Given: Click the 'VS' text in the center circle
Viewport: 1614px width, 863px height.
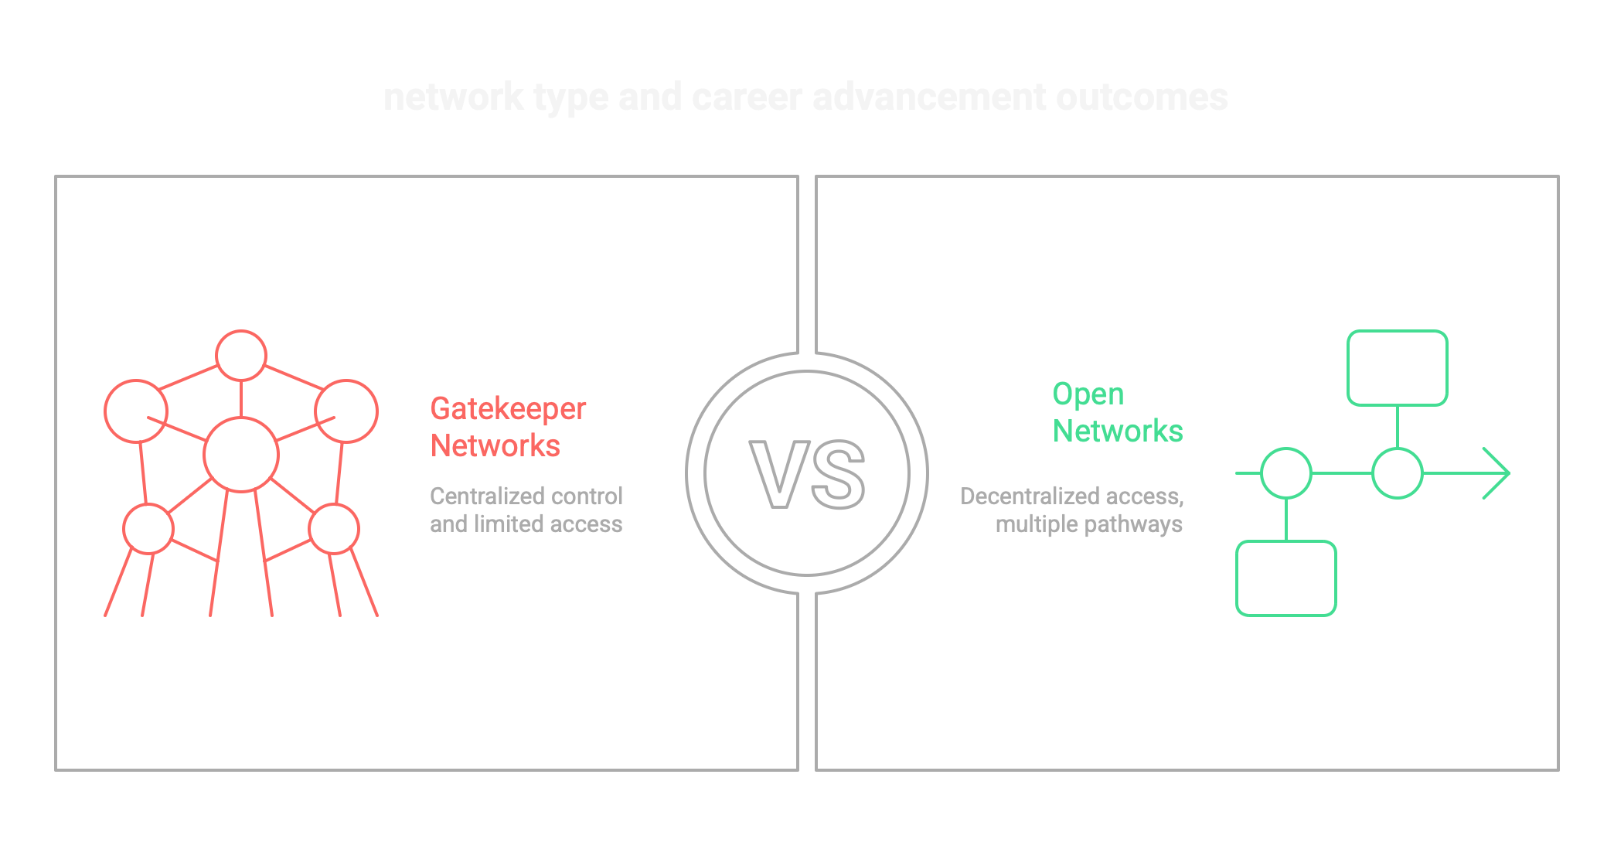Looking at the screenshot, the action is (807, 474).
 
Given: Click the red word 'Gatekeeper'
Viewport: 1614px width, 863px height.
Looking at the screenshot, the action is (508, 409).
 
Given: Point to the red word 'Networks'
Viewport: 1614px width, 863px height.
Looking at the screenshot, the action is (495, 446).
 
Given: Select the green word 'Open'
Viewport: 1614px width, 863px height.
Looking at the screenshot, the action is (1088, 394).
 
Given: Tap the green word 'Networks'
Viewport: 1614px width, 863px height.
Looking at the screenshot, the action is (1118, 432).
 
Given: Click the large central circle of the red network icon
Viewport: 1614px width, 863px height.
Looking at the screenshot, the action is (241, 455).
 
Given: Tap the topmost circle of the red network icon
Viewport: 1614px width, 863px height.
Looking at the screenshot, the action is (241, 356).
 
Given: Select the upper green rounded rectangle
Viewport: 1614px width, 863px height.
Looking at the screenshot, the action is (1397, 368).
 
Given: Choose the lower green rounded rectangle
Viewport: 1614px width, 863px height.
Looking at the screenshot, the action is (1285, 578).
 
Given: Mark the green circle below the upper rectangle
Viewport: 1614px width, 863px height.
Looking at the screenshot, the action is (1397, 473).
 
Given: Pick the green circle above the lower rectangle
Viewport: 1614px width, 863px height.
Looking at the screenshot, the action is (1285, 473).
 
